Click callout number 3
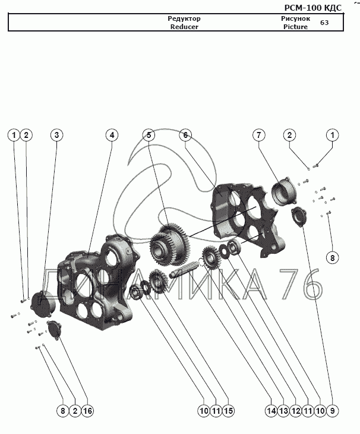pos(56,136)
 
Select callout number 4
pos(111,136)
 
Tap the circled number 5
pos(150,136)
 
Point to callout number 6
pos(185,136)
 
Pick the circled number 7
pos(259,136)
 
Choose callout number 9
pos(331,410)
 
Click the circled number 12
pos(295,410)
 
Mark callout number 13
pos(283,410)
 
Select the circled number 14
pos(271,410)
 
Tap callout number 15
pos(228,410)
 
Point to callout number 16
pos(88,410)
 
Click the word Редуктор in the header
pos(184,18)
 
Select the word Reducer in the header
pos(184,27)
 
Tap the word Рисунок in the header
pos(295,18)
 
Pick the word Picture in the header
pos(295,27)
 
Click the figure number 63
pos(324,23)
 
